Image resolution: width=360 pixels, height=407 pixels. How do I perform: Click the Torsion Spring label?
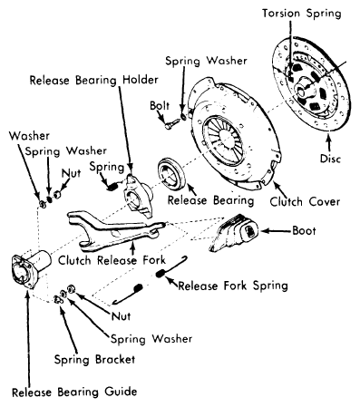point(302,15)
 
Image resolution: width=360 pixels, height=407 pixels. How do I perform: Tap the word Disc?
point(330,159)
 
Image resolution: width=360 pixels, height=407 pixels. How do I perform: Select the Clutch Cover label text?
point(305,201)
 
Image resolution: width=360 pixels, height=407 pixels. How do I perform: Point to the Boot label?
point(304,231)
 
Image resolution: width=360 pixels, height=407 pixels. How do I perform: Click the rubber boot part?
point(234,232)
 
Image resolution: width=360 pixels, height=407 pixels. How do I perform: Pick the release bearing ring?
point(171,174)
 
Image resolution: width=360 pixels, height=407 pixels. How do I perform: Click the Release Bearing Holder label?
point(93,81)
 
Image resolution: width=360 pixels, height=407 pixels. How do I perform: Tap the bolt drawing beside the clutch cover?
point(171,124)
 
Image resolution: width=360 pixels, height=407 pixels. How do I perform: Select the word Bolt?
point(160,106)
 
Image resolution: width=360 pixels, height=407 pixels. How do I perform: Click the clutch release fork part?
point(116,231)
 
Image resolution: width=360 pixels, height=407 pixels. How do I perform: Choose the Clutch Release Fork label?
point(112,260)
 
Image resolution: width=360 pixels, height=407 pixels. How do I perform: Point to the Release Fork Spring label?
point(233,286)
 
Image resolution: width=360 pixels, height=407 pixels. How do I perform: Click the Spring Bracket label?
point(94,360)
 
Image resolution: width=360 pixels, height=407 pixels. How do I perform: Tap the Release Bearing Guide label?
point(74,392)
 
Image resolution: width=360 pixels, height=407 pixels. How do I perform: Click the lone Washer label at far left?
point(29,136)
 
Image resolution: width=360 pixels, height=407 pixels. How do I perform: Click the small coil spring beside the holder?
point(112,187)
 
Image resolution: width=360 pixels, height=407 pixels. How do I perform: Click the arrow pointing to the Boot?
point(276,231)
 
